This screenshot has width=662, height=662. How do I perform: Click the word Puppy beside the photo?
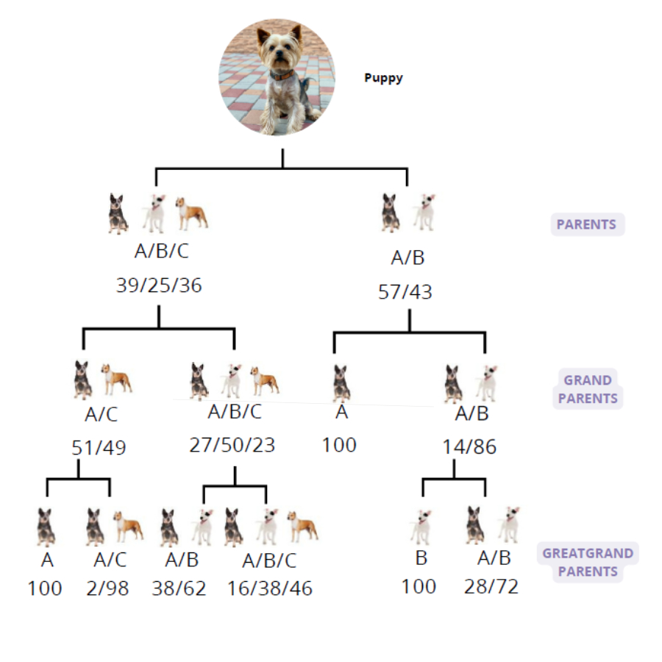pyautogui.click(x=383, y=78)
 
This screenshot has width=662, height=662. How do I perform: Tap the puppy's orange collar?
pyautogui.click(x=281, y=76)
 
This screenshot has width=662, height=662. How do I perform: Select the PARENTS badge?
pyautogui.click(x=587, y=224)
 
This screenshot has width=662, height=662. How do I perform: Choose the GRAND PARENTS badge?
pyautogui.click(x=588, y=389)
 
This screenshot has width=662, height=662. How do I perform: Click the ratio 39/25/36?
pyautogui.click(x=159, y=285)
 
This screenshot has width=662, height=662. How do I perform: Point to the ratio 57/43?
pyautogui.click(x=405, y=292)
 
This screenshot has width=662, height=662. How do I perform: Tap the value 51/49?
pyautogui.click(x=99, y=447)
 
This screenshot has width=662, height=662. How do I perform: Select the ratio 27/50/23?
pyautogui.click(x=232, y=445)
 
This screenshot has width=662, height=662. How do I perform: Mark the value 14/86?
pyautogui.click(x=469, y=446)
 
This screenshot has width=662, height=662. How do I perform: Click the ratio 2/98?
pyautogui.click(x=107, y=588)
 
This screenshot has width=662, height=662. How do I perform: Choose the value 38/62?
pyautogui.click(x=179, y=588)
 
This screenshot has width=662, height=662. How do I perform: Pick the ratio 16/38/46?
pyautogui.click(x=270, y=588)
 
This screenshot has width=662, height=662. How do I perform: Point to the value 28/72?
pyautogui.click(x=491, y=586)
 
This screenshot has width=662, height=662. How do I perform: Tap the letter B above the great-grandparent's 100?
pyautogui.click(x=421, y=558)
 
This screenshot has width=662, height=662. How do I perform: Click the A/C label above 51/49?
pyautogui.click(x=102, y=415)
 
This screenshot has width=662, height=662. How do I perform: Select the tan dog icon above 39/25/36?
pyautogui.click(x=192, y=213)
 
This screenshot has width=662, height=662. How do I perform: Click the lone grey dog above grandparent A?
pyautogui.click(x=341, y=383)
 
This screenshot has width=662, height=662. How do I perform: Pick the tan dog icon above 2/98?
pyautogui.click(x=128, y=526)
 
